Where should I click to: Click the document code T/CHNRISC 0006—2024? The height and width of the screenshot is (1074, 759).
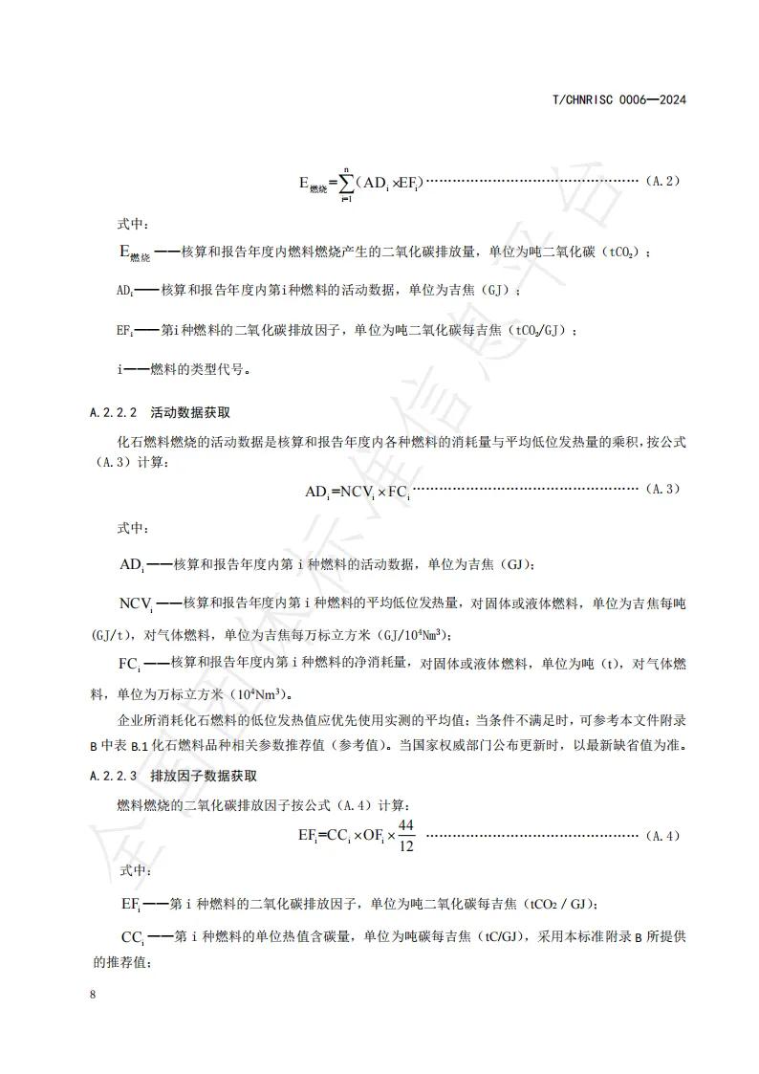(x=621, y=99)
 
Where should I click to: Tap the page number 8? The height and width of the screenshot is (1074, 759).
(x=92, y=995)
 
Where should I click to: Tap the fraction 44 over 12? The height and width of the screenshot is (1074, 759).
(x=406, y=835)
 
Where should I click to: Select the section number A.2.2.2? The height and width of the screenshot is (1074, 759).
(x=114, y=413)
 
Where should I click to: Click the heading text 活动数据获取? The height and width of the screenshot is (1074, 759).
(x=190, y=413)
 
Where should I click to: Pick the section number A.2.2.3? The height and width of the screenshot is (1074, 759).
(x=114, y=777)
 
